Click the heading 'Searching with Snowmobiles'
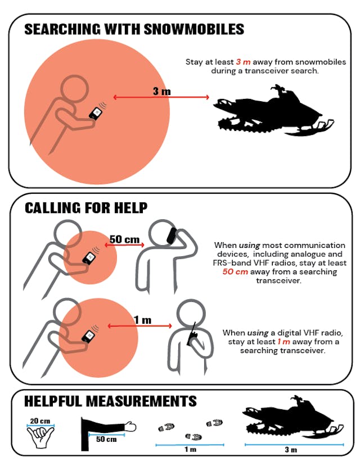(134, 29)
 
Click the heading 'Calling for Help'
(86, 208)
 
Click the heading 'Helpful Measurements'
(110, 401)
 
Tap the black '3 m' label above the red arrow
(162, 91)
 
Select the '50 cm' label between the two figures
(124, 239)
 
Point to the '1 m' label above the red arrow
(143, 320)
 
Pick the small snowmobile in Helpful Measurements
(293, 417)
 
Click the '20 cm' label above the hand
(40, 421)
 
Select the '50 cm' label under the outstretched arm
(106, 439)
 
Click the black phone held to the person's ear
(172, 236)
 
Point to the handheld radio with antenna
(192, 334)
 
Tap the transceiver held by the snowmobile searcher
(96, 113)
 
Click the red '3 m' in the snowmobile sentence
(243, 62)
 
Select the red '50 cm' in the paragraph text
(235, 272)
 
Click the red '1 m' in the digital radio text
(283, 341)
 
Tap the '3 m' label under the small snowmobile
(291, 449)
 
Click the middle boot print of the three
(193, 437)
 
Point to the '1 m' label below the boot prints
(190, 449)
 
